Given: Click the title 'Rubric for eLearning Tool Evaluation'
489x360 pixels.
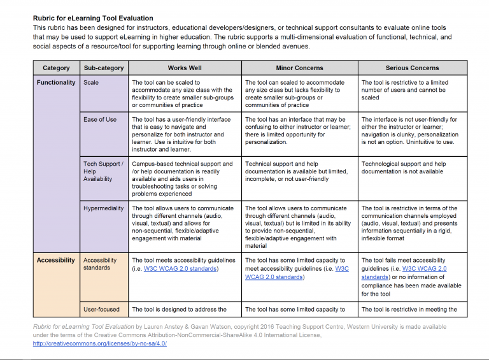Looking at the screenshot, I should (93, 18).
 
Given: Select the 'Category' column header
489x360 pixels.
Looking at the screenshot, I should (56, 68).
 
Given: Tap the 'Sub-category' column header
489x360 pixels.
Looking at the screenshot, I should (104, 68).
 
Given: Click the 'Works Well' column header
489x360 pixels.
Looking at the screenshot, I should (185, 68).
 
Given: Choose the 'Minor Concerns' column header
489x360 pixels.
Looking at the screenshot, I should (299, 68).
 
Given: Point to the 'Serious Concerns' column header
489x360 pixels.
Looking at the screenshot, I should (412, 68).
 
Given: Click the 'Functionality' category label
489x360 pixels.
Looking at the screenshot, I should (56, 83).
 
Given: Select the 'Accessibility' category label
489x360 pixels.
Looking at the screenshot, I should (56, 261).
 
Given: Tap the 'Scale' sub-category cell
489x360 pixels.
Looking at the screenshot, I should (91, 83).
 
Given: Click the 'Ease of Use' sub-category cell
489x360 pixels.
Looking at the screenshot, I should (100, 120).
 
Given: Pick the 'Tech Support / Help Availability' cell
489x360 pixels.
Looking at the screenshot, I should (103, 171).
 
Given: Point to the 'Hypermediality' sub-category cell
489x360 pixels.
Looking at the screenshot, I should (104, 208).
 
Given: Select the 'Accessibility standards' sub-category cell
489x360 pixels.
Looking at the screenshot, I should (100, 264).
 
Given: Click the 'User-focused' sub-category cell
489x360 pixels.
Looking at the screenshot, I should (101, 310).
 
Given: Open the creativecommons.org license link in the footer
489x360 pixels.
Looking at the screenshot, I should (100, 343).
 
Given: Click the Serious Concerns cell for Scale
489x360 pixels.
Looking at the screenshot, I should (412, 90).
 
